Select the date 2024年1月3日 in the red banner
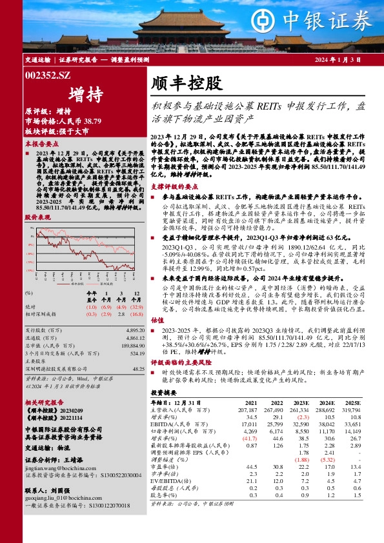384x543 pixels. pyautogui.click(x=334, y=60)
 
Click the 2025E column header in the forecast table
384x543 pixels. pyautogui.click(x=353, y=402)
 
